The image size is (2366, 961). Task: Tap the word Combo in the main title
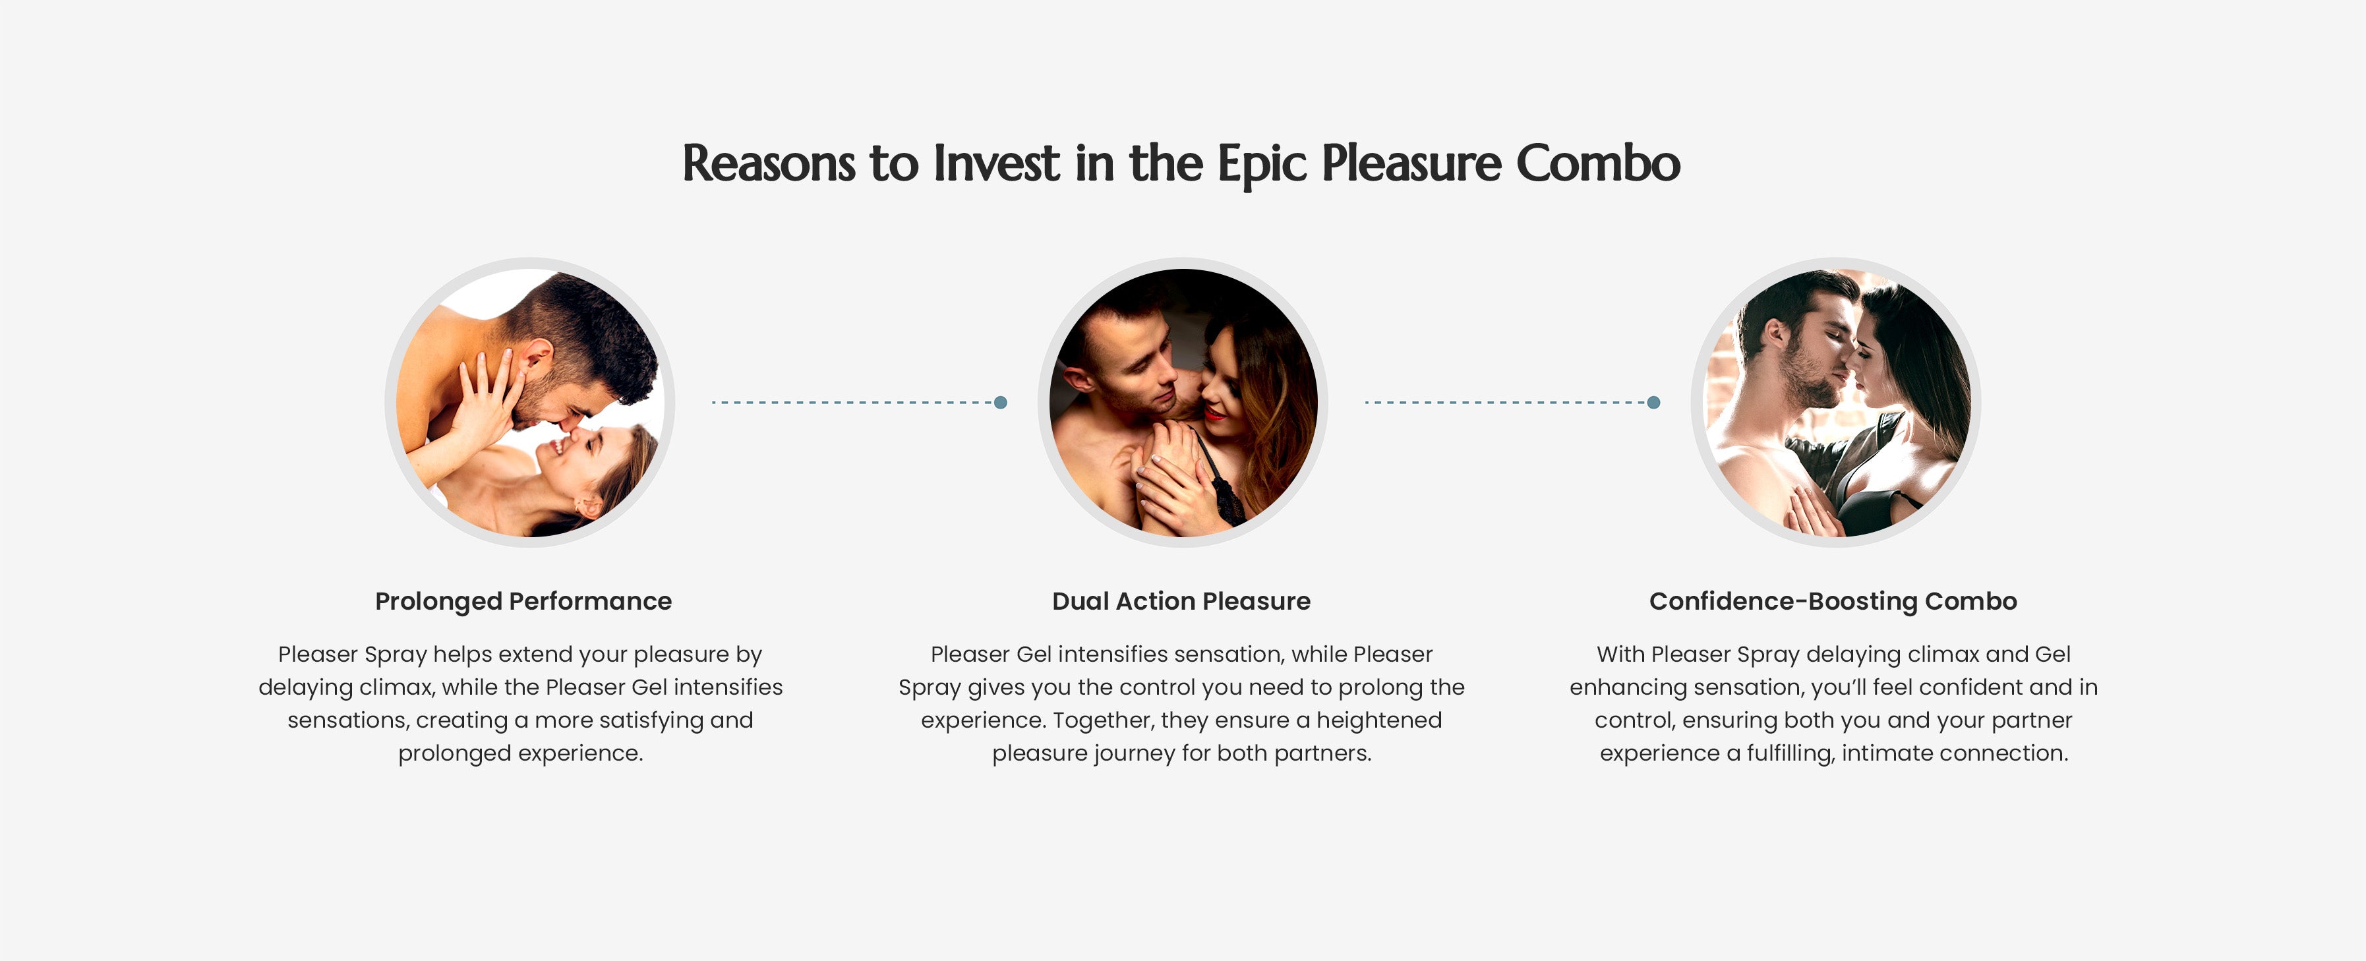tap(1598, 163)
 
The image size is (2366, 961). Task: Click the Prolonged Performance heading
tap(523, 602)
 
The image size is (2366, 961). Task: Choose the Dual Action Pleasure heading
tap(1181, 602)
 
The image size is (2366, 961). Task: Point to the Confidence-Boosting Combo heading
tap(1833, 602)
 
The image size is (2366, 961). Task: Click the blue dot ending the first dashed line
tap(1001, 403)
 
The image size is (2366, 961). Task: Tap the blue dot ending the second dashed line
tap(1654, 403)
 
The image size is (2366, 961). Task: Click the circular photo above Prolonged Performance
tap(530, 403)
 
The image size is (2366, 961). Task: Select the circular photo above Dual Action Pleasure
tap(1183, 403)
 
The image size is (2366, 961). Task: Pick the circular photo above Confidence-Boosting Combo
tap(1836, 403)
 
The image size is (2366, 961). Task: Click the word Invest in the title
tap(997, 163)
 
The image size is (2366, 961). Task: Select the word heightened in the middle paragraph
tap(1380, 720)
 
